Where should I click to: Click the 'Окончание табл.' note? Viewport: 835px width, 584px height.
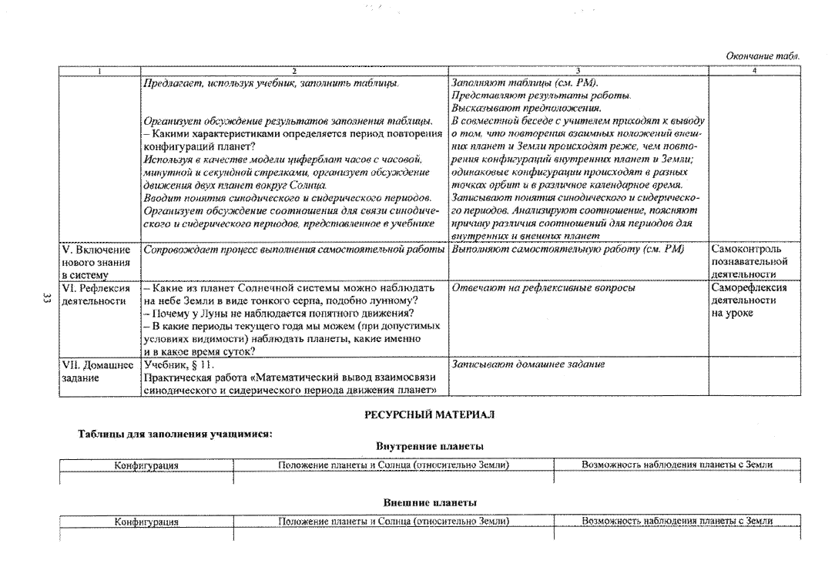point(763,56)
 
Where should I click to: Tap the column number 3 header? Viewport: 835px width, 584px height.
point(578,71)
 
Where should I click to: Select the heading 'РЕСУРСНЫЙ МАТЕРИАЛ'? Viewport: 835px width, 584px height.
point(429,414)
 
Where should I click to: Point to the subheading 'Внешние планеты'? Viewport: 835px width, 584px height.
point(430,502)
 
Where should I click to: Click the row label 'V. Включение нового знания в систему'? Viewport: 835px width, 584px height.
point(96,262)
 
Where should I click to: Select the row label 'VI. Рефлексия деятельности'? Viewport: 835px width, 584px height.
point(96,294)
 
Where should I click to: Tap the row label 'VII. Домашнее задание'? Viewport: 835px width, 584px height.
point(98,371)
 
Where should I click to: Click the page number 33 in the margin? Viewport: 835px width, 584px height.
point(45,299)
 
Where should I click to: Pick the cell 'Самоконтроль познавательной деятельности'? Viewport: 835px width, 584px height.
point(749,261)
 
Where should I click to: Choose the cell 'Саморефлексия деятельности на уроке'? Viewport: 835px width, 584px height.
point(749,300)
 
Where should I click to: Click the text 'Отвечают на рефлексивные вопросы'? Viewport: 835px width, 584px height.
point(543,287)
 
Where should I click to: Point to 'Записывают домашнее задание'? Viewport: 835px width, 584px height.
point(528,364)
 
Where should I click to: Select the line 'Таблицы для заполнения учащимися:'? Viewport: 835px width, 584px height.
point(175,433)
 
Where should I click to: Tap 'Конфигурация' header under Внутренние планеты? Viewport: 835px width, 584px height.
point(146,465)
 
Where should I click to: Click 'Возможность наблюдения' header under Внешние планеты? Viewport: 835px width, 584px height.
point(677,521)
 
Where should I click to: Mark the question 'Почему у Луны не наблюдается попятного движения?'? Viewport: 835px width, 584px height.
point(279,313)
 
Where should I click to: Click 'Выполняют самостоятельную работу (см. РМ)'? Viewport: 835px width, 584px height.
point(568,249)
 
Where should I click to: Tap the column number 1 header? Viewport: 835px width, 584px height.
point(99,71)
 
